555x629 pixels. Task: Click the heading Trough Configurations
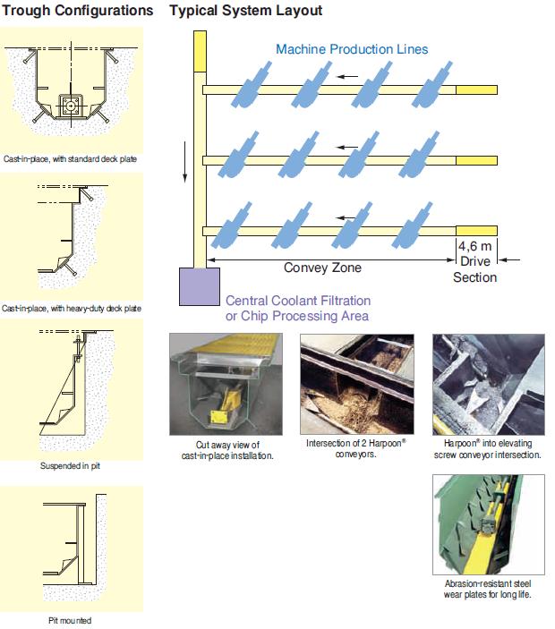(77, 11)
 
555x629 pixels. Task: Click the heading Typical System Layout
(246, 11)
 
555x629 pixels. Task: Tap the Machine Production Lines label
(352, 49)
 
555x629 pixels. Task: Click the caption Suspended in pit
(71, 466)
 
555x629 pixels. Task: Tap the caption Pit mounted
(70, 620)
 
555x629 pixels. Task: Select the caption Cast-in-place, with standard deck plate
(70, 159)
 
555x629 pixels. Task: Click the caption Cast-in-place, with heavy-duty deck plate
(72, 309)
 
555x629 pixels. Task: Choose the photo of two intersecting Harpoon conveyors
(357, 385)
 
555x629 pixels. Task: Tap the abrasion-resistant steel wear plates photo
(488, 523)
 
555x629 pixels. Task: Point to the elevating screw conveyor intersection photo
(488, 385)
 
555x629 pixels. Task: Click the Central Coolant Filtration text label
(298, 308)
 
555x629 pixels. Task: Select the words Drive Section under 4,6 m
(474, 269)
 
